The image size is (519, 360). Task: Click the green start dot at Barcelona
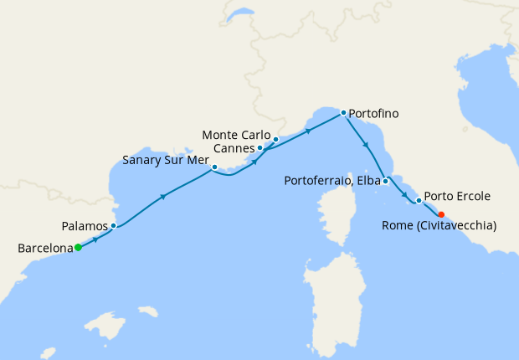tap(78, 247)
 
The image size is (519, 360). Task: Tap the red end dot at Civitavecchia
tap(441, 214)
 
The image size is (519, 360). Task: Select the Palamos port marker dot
tap(113, 225)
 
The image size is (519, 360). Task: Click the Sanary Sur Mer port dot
tap(215, 167)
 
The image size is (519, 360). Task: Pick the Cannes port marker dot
tap(260, 148)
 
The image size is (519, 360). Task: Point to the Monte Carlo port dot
tap(275, 139)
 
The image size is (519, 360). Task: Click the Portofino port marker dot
tap(343, 112)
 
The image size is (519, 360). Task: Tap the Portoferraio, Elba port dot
tap(385, 181)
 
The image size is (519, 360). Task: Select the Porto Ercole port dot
tap(419, 200)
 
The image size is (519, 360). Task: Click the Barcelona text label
tap(44, 248)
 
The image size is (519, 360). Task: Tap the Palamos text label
tap(85, 226)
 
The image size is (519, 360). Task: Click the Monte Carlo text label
tap(237, 135)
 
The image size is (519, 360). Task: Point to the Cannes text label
tap(234, 148)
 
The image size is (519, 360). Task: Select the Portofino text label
tap(373, 113)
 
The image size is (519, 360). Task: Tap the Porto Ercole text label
tap(457, 197)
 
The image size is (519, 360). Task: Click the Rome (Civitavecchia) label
tap(439, 226)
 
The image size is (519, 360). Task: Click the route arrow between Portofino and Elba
tap(366, 147)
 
